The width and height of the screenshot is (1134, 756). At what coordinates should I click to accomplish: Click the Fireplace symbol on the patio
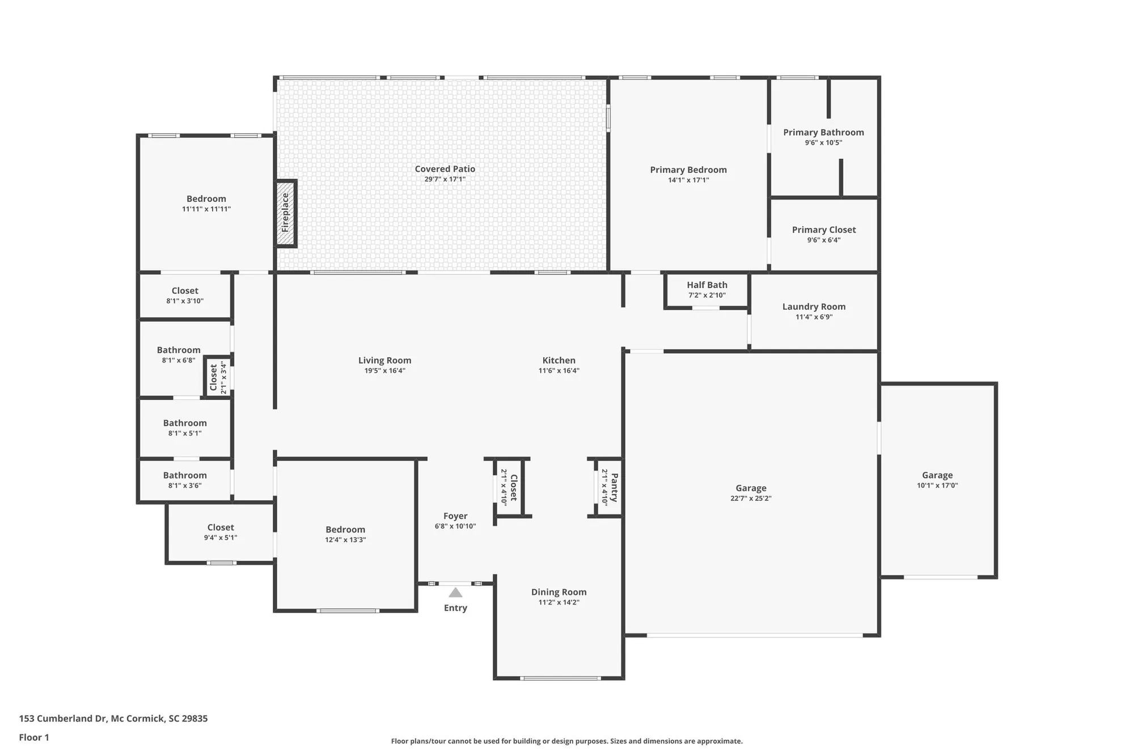point(286,213)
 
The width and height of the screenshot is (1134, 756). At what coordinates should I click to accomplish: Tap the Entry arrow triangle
point(455,593)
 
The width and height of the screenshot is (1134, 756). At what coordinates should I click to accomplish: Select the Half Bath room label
point(706,285)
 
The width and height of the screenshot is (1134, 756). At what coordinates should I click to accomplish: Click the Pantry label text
point(615,487)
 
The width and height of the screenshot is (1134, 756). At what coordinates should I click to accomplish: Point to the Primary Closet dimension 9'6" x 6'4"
point(823,240)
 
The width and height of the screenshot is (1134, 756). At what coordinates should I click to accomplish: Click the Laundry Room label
point(814,307)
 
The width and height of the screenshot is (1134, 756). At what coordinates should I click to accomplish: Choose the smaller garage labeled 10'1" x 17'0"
point(937,480)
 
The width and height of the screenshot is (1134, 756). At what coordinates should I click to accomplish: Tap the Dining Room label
point(558,592)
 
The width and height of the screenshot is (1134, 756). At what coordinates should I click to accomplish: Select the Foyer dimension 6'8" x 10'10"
point(455,526)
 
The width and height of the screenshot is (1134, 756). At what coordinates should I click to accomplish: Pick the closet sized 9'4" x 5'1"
point(221,532)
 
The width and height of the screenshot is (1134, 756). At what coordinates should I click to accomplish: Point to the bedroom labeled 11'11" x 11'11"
point(206,203)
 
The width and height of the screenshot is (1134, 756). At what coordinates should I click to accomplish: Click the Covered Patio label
point(445,169)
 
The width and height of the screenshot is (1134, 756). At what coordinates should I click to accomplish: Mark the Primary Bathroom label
point(823,133)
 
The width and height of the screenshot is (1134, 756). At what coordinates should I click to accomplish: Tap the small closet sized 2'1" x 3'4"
point(218,377)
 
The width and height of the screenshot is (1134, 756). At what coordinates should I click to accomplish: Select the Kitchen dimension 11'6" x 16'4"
point(558,371)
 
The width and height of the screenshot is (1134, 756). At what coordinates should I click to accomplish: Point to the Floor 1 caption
point(34,737)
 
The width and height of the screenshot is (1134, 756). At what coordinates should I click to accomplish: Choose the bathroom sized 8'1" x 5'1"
point(185,428)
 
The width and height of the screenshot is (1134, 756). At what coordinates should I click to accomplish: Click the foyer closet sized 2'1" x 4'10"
point(509,487)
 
